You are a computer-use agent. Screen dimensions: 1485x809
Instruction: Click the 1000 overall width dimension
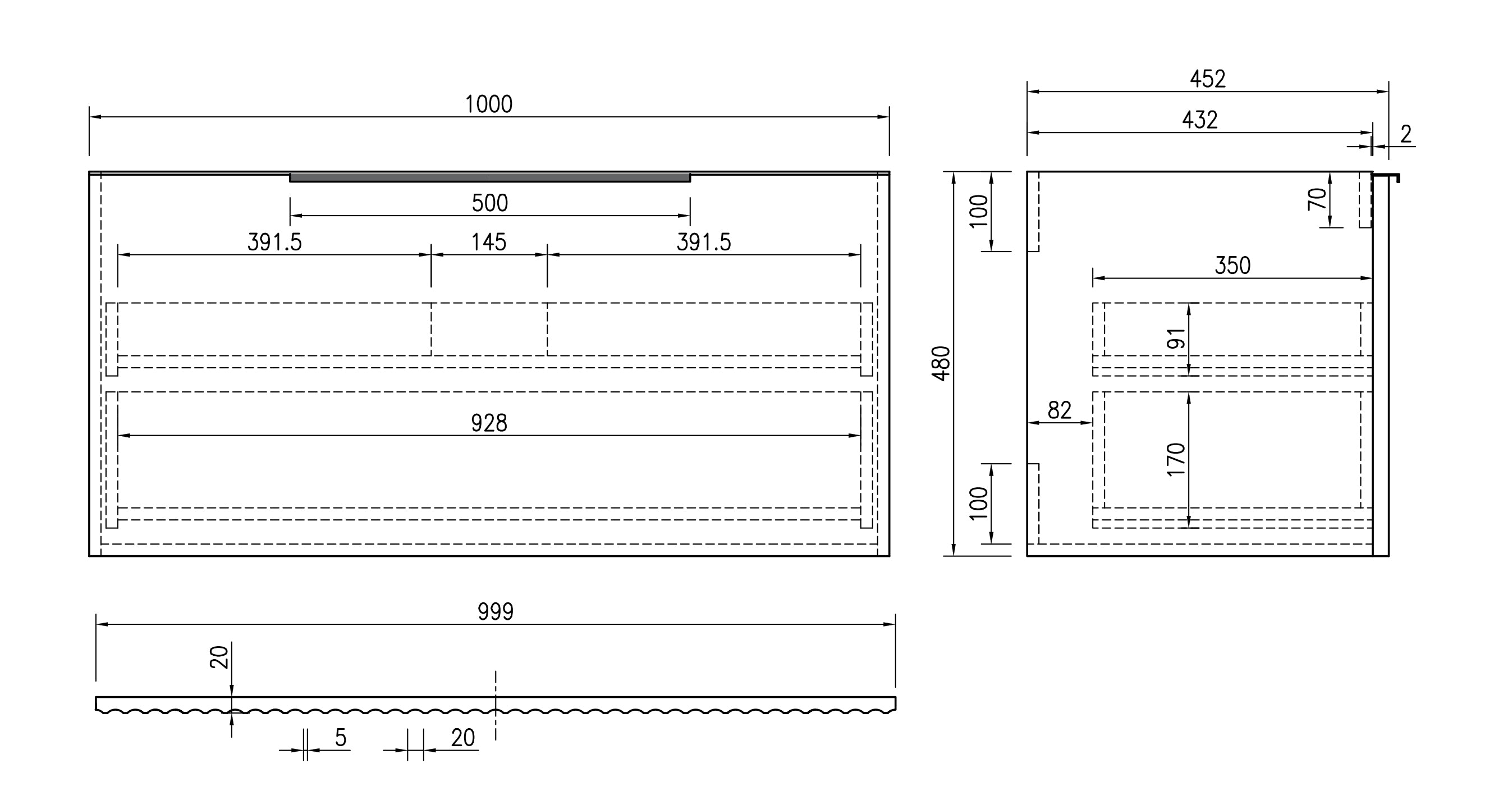click(x=489, y=104)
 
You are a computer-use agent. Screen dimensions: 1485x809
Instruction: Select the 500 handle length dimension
click(x=490, y=203)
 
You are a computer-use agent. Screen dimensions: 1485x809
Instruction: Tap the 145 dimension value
click(x=489, y=242)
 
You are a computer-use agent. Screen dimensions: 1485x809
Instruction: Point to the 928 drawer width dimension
click(x=489, y=423)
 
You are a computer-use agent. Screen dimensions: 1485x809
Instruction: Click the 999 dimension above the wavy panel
click(x=496, y=612)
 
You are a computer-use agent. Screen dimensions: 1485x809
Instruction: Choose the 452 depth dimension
click(x=1208, y=79)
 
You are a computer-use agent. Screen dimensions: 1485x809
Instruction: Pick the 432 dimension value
click(x=1200, y=120)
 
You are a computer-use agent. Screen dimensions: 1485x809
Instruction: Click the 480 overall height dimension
click(x=941, y=363)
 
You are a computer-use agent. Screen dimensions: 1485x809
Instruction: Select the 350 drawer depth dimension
click(x=1232, y=266)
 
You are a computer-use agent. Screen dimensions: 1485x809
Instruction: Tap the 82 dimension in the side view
click(x=1060, y=410)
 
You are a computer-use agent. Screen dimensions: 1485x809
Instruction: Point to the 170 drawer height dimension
click(x=1176, y=460)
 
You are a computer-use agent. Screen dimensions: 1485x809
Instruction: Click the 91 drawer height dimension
click(x=1176, y=339)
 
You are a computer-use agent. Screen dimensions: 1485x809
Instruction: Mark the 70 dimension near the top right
click(x=1317, y=199)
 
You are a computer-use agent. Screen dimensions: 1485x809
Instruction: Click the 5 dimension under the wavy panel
click(x=341, y=738)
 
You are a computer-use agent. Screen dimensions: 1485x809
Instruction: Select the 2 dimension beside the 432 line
click(x=1406, y=134)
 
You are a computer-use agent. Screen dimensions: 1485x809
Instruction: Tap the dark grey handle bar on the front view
click(x=490, y=177)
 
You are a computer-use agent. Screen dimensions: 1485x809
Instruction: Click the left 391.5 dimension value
click(x=274, y=242)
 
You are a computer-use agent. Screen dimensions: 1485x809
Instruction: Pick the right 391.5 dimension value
click(x=704, y=242)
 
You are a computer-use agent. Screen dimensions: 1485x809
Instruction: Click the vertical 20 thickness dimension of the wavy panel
click(x=219, y=657)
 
